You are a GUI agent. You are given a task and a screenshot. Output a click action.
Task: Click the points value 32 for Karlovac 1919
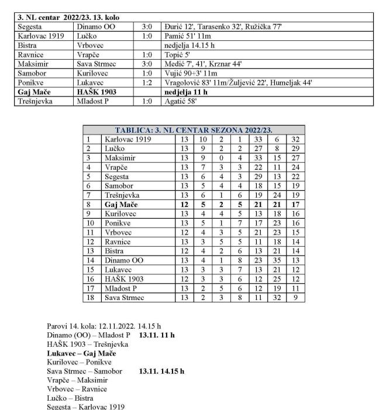coord(296,139)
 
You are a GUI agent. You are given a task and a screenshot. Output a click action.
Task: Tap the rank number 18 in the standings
coord(89,298)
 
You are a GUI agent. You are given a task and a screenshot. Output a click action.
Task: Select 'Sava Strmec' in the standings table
coord(125,298)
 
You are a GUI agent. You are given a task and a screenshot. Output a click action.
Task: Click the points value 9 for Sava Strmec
coord(296,298)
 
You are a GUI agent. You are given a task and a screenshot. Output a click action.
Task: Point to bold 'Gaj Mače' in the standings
coord(120,205)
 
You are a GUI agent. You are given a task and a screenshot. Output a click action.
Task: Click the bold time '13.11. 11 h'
coord(157,335)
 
